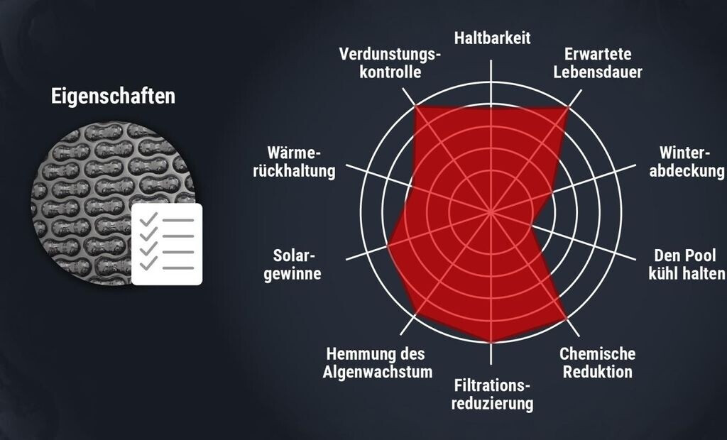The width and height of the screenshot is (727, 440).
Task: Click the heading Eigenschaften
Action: tap(113, 97)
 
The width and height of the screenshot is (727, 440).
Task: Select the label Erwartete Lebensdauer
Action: tap(598, 63)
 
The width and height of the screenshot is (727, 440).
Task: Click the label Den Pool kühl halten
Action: tap(687, 264)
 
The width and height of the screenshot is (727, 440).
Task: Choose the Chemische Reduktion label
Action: tap(597, 362)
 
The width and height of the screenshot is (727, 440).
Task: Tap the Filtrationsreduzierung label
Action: tap(493, 395)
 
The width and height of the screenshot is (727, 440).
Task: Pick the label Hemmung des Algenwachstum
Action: tap(377, 362)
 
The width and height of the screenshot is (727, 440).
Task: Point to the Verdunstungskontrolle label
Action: tap(390, 63)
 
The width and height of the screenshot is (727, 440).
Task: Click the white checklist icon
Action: tap(167, 244)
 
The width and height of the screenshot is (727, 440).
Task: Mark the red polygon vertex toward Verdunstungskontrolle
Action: tap(415, 106)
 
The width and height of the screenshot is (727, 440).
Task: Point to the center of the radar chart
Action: tap(492, 212)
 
